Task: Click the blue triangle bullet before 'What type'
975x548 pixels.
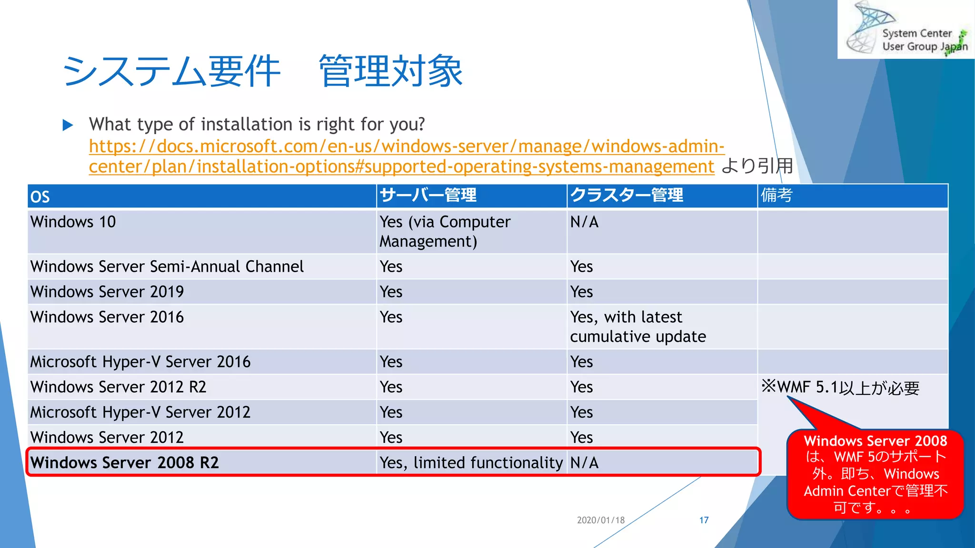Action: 68,125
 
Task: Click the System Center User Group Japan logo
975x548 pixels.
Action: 905,29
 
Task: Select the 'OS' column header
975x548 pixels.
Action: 40,196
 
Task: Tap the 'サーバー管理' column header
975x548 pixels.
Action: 428,195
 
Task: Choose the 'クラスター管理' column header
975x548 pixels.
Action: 627,195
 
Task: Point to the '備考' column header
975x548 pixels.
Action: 776,195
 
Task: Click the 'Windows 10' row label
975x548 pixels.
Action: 73,222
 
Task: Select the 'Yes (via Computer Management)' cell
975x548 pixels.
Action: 445,231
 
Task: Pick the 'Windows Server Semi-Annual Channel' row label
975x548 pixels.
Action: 167,266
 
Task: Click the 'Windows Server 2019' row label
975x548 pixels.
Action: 107,292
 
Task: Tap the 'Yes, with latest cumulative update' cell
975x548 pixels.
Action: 638,326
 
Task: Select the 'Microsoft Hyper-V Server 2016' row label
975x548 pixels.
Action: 140,362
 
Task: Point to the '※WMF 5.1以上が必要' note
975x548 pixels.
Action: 840,387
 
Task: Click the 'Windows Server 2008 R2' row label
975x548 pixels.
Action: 125,462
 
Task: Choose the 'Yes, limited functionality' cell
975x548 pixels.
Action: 471,462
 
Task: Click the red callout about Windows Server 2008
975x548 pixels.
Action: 875,474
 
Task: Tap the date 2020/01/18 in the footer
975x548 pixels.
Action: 601,520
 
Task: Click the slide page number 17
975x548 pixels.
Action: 704,520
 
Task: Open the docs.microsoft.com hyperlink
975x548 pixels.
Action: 406,156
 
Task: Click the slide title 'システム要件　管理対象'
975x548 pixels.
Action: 262,71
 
